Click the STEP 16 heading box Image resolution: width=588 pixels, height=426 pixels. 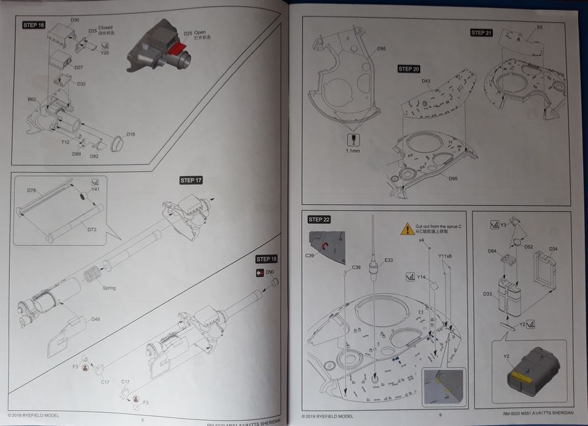coord(34,25)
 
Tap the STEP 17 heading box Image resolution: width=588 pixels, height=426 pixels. coord(191,180)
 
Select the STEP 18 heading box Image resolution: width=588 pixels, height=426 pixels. coord(267,259)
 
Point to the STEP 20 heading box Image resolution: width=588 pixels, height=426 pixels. coord(409,68)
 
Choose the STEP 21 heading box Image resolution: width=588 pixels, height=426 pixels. coord(482,33)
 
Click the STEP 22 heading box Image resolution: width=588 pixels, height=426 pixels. coord(319,219)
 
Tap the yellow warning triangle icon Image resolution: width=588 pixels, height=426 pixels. coord(406,229)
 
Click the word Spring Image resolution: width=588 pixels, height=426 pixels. coord(109,288)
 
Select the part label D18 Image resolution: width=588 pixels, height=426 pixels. coord(131,135)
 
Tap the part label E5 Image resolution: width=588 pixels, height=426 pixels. coord(540,27)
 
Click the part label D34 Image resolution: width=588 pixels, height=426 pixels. coord(553,249)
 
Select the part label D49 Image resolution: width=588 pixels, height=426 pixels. coord(96,320)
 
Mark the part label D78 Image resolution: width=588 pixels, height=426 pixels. coord(31,191)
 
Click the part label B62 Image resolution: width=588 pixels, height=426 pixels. coord(32,99)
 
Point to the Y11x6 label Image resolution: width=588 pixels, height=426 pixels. coord(445,256)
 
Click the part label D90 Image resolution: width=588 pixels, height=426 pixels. coord(270,272)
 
